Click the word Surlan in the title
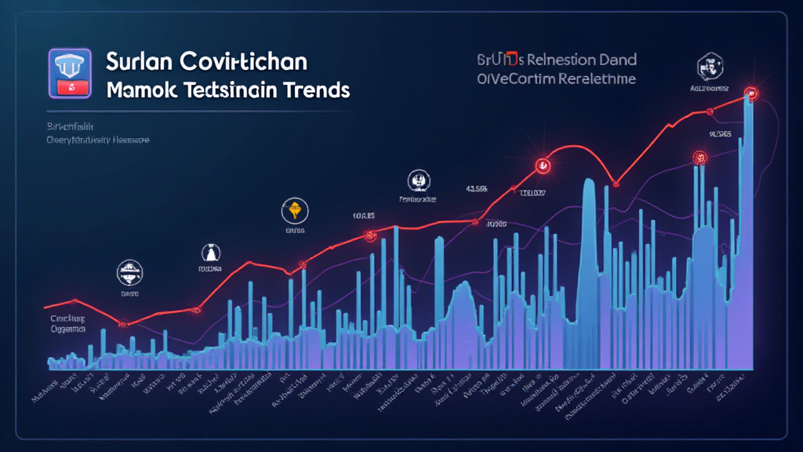coord(140,62)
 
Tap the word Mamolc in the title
coord(141,90)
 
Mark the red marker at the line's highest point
coord(750,93)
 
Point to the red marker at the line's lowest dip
coord(122,323)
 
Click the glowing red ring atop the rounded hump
coord(541,166)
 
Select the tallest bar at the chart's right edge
coord(748,235)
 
